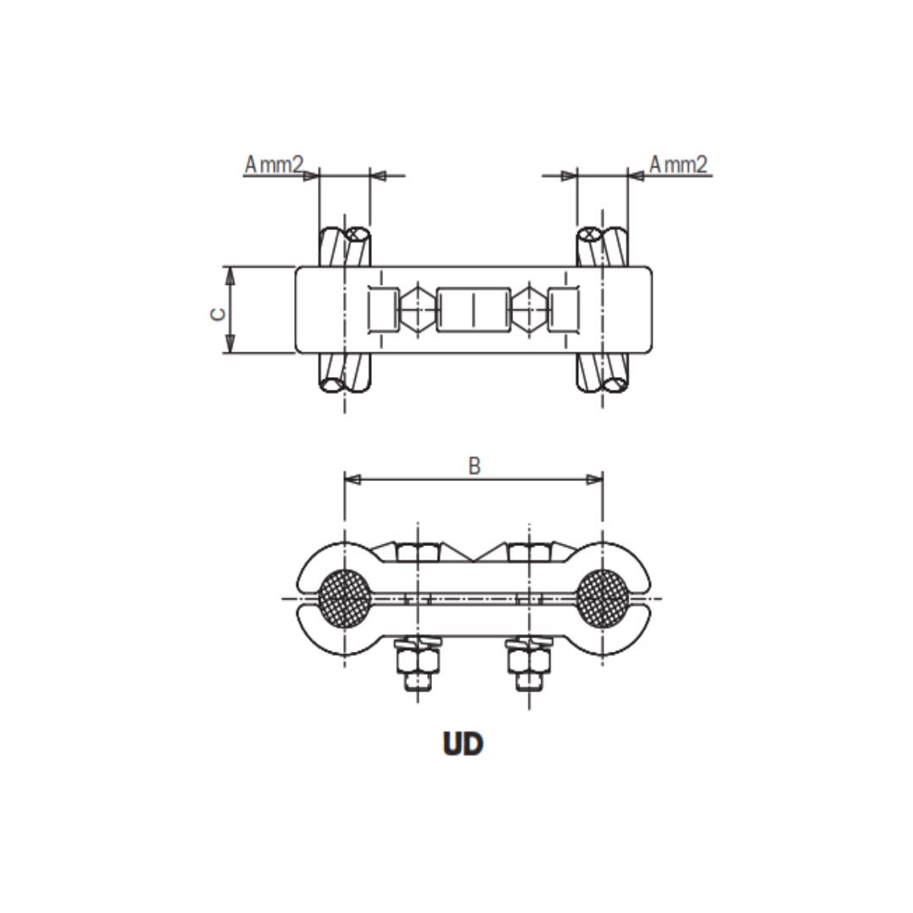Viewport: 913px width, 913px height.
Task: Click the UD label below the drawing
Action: pyautogui.click(x=462, y=744)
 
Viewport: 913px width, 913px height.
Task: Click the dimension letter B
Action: pyautogui.click(x=474, y=466)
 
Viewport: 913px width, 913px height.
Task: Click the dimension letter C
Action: pyautogui.click(x=218, y=313)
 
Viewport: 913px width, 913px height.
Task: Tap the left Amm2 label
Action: pyautogui.click(x=273, y=164)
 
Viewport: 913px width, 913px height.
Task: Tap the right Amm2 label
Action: pyautogui.click(x=678, y=164)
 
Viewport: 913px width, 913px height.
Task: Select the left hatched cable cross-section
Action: pyautogui.click(x=343, y=593)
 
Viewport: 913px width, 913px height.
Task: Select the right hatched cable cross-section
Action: pyautogui.click(x=603, y=593)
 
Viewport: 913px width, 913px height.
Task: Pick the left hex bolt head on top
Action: pyautogui.click(x=417, y=553)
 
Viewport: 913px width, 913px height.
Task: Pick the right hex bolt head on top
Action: pyautogui.click(x=529, y=553)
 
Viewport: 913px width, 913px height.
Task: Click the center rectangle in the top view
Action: pyautogui.click(x=473, y=309)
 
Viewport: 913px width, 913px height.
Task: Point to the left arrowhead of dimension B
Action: pyautogui.click(x=353, y=479)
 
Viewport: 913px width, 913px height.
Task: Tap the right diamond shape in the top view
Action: pyautogui.click(x=530, y=309)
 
